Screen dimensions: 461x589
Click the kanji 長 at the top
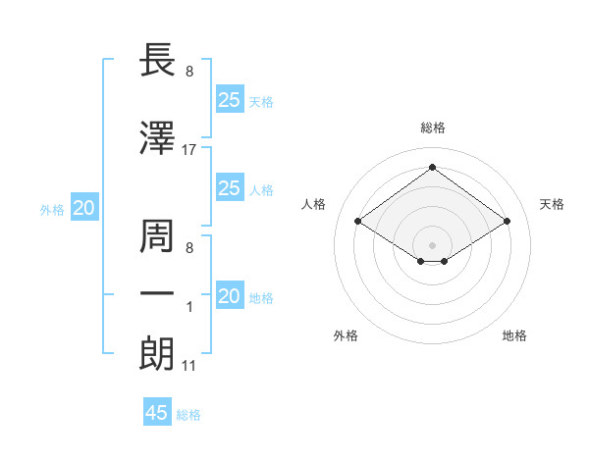point(158,61)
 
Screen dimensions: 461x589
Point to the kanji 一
point(158,294)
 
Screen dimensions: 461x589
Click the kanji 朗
point(158,353)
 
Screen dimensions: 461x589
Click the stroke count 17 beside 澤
point(189,150)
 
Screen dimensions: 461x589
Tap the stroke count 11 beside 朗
point(189,367)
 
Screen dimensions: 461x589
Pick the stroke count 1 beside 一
point(189,308)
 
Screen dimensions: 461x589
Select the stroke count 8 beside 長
point(189,73)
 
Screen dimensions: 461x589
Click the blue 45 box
point(157,413)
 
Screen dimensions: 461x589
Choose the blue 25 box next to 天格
point(229,99)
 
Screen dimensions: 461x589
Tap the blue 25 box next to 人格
point(229,188)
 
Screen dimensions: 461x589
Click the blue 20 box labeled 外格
point(84,208)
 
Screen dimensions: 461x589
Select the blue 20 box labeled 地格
point(229,297)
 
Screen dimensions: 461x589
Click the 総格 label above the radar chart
point(433,128)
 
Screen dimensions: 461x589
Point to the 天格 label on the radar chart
point(552,204)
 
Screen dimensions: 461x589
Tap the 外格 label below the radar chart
point(346,335)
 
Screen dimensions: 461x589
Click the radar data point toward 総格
point(432,167)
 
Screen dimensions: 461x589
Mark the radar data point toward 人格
point(358,222)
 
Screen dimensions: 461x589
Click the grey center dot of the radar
point(432,243)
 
